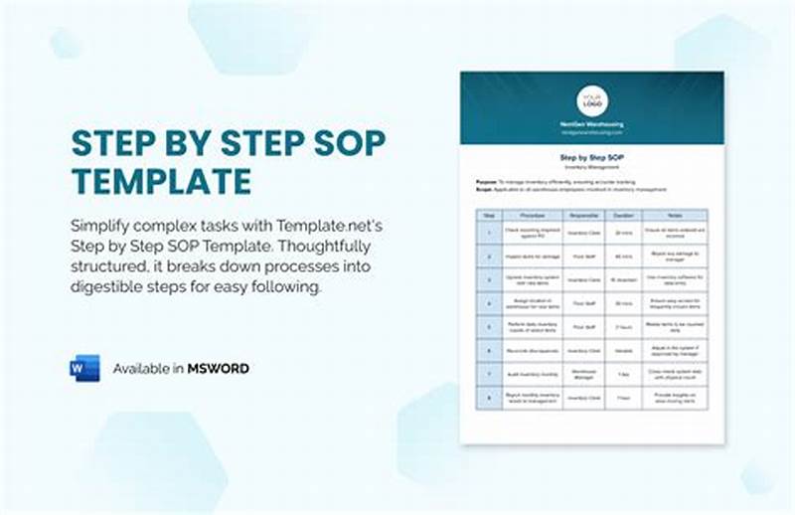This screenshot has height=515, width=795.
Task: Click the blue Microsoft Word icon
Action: [x=84, y=368]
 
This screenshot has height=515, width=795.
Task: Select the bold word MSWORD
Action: [x=219, y=369]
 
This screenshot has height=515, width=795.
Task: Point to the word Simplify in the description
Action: [x=106, y=223]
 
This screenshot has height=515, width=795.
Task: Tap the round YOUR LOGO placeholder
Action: [x=592, y=100]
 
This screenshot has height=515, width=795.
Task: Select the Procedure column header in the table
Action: [x=530, y=214]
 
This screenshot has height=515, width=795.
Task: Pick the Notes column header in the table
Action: [x=673, y=214]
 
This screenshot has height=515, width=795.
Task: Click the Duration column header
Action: [x=623, y=214]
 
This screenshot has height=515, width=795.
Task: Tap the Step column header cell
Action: [x=488, y=214]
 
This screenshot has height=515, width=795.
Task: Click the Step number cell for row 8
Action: [x=488, y=398]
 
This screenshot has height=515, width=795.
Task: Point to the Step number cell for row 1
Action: [x=488, y=232]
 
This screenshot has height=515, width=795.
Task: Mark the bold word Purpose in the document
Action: [x=487, y=180]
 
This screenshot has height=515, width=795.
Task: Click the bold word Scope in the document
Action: [x=485, y=188]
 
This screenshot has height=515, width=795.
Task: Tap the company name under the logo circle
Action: [x=592, y=124]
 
